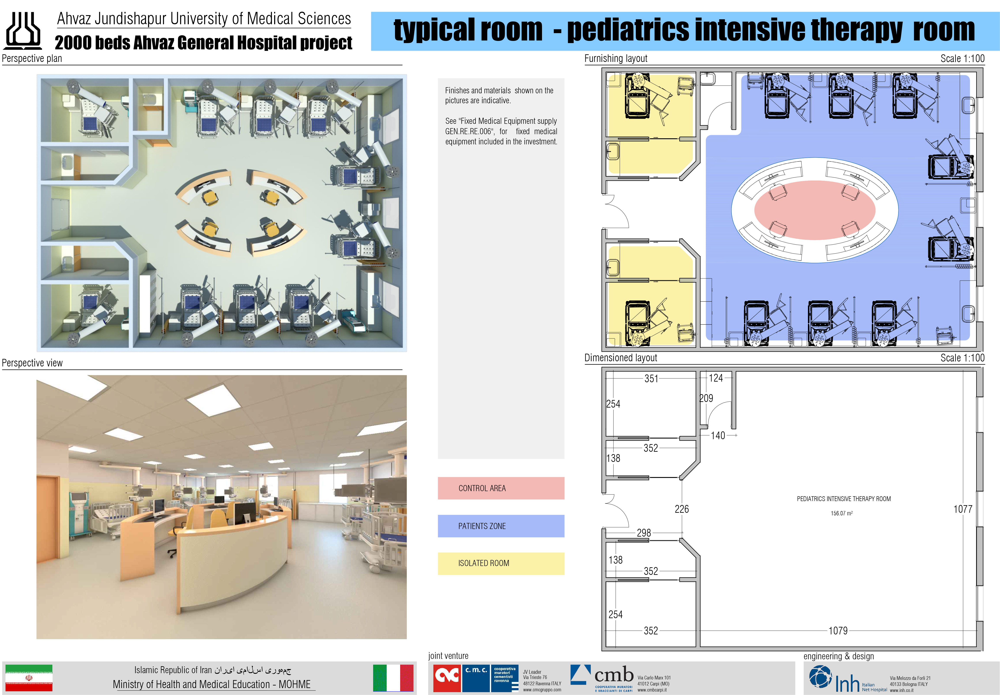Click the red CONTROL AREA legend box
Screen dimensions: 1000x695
coord(501,488)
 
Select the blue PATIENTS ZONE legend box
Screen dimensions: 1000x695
coord(501,526)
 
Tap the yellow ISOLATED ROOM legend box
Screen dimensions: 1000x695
coord(501,563)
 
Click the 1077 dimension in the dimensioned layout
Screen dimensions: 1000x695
coord(963,509)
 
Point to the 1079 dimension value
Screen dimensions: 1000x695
coord(838,630)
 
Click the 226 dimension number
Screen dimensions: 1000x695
coord(682,509)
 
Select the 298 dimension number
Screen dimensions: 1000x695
coord(644,533)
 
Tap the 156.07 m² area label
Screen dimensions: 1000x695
coord(841,513)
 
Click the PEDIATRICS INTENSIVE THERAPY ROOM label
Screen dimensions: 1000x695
coord(844,499)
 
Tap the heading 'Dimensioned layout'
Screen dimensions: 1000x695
coord(621,358)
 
